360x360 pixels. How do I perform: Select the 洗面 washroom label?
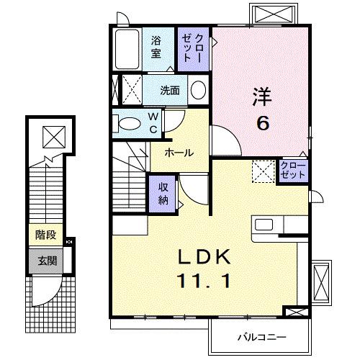[170, 91]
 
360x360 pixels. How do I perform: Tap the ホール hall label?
[177, 153]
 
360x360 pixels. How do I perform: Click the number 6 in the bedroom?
[264, 122]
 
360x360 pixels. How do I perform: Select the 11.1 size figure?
[204, 282]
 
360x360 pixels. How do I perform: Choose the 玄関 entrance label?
[47, 261]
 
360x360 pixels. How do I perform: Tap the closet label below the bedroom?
[294, 171]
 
